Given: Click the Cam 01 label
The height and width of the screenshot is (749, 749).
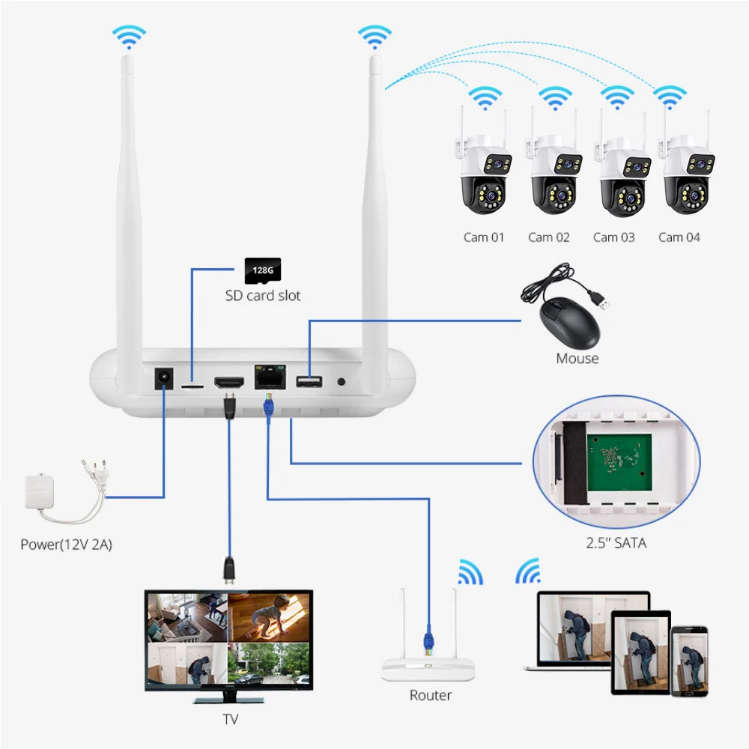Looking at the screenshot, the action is coord(483,237).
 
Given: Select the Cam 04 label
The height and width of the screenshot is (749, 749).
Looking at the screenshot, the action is coord(679,237).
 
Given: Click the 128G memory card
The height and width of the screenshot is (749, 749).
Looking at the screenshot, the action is coord(263,271).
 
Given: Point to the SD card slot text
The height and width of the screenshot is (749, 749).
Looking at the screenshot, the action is coord(263,296).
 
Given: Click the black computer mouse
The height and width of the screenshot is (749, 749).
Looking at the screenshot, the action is coord(569,321).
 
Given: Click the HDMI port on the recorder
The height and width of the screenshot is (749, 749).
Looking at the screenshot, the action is coord(229,382).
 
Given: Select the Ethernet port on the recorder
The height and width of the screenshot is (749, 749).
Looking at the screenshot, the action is coord(270,377).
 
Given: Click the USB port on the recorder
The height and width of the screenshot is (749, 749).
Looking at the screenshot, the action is coord(309,382).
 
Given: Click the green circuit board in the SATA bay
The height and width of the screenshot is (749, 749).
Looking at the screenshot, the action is coord(619,462).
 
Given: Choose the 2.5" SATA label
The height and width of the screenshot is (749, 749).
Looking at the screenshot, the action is coord(616,543).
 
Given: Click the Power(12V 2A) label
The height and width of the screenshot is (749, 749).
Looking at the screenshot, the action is coord(67,545).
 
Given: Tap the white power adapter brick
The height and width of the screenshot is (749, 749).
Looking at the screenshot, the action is coord(40,492).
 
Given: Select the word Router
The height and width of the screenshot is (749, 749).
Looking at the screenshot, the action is coord(431,696).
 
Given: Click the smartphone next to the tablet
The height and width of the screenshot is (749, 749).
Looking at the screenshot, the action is coord(689,661).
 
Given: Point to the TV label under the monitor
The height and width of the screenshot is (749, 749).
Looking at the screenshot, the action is coord(230,719).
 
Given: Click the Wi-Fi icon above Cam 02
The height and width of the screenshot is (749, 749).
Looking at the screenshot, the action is coord(554,98).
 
